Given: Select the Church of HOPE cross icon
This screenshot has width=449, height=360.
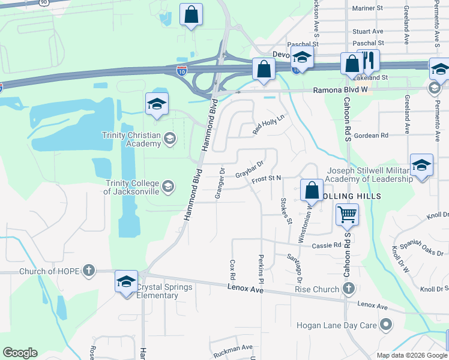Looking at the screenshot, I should pyautogui.click(x=89, y=271).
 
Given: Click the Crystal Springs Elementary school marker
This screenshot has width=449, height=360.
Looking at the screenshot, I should pyautogui.click(x=127, y=282).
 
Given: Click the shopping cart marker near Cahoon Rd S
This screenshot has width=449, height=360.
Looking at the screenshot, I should pyautogui.click(x=348, y=214).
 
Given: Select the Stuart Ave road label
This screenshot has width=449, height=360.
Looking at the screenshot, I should pyautogui.click(x=368, y=31).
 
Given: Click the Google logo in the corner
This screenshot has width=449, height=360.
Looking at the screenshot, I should pyautogui.click(x=20, y=352).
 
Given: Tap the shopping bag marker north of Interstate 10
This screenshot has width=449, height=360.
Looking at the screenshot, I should pyautogui.click(x=191, y=16).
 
